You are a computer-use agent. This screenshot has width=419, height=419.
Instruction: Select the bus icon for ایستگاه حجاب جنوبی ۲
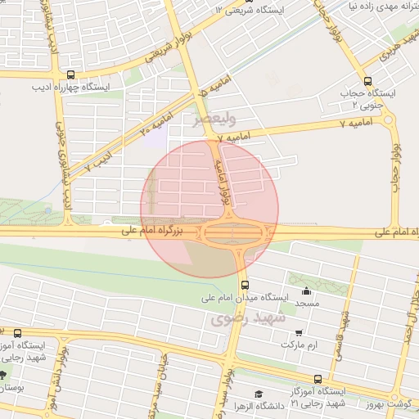(367, 81)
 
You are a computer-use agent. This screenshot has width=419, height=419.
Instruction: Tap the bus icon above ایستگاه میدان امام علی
(246, 285)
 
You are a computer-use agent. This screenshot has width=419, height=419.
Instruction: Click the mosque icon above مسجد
(307, 291)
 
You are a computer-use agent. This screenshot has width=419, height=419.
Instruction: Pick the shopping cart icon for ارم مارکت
(299, 332)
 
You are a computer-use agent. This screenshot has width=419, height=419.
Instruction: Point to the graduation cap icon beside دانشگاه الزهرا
(259, 394)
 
